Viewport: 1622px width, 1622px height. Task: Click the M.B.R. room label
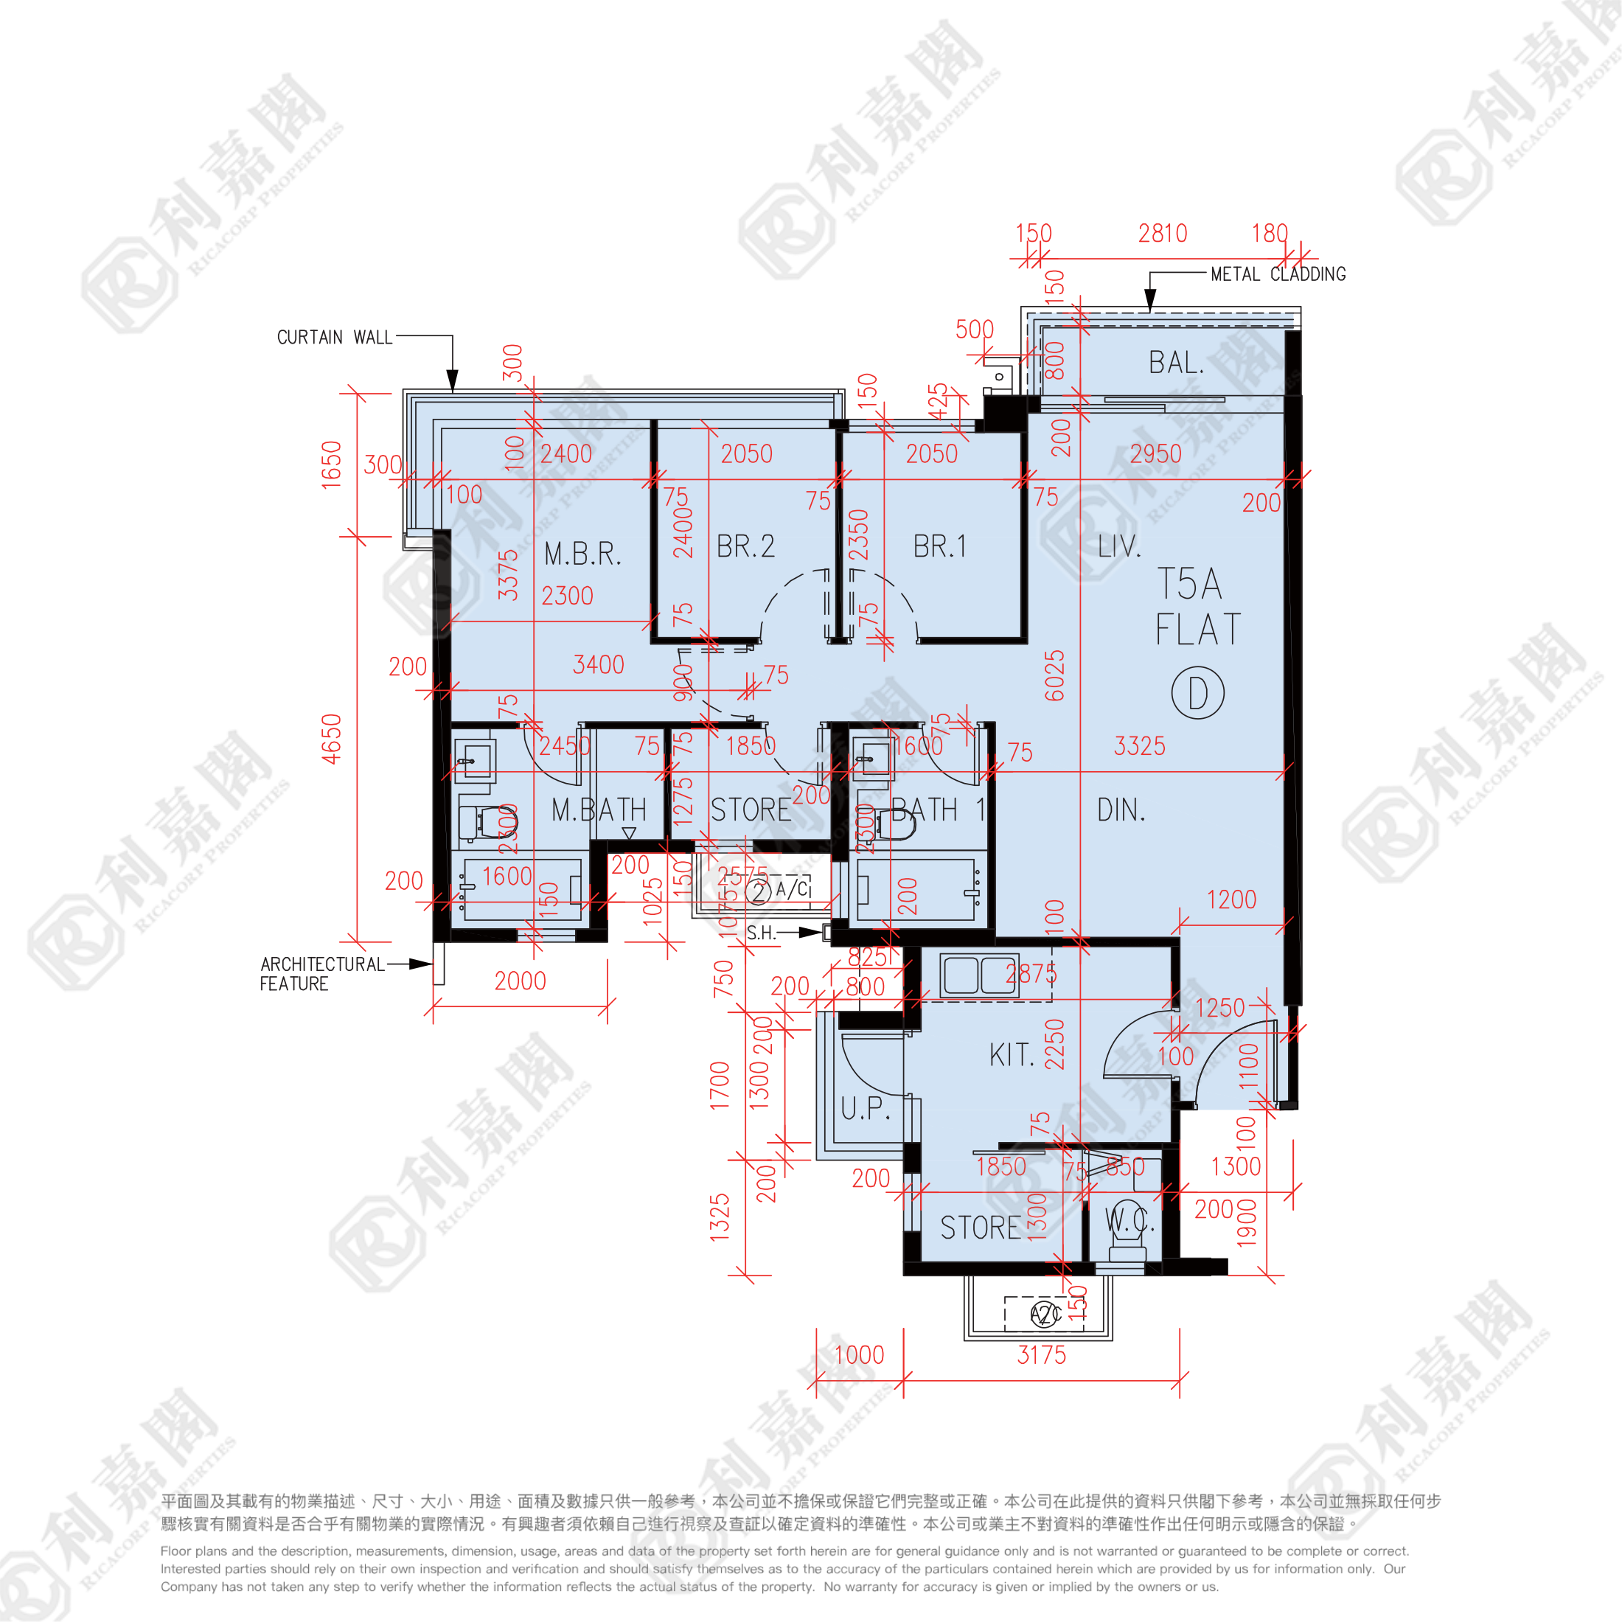click(x=582, y=554)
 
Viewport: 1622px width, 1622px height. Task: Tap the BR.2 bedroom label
click(x=745, y=546)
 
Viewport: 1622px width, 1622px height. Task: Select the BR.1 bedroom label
click(x=939, y=546)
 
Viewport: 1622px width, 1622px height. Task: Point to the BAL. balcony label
click(x=1176, y=363)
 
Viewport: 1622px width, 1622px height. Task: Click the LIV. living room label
click(x=1119, y=546)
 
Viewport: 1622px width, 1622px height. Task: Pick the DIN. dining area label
click(x=1121, y=810)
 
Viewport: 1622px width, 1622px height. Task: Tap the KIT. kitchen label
click(x=1012, y=1055)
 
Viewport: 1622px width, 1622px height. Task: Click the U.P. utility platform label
click(x=866, y=1108)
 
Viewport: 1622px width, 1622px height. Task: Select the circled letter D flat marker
click(x=1198, y=694)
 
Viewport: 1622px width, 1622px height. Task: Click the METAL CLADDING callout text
click(x=1278, y=274)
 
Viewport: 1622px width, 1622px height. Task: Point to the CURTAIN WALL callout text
click(x=335, y=338)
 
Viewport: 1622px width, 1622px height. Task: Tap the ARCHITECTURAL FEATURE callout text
click(x=321, y=974)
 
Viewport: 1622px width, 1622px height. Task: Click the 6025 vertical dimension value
click(x=1054, y=675)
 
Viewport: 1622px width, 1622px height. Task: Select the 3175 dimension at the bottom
click(x=1041, y=1355)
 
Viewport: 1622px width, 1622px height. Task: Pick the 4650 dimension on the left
click(x=332, y=739)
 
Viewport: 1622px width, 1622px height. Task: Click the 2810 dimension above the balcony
click(x=1163, y=234)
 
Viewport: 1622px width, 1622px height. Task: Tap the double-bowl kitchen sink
click(x=980, y=975)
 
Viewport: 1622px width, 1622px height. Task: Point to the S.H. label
click(x=761, y=933)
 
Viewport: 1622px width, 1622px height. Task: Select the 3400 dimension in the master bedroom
click(x=599, y=665)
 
